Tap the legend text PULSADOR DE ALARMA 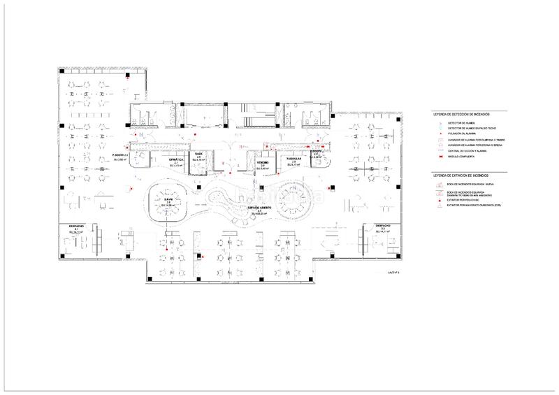pos(462,135)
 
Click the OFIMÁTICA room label pos(176,160)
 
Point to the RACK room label pos(198,155)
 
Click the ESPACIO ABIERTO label pos(258,208)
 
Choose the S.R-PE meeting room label pos(168,200)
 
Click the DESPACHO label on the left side pos(77,226)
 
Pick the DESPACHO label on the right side pos(383,226)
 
